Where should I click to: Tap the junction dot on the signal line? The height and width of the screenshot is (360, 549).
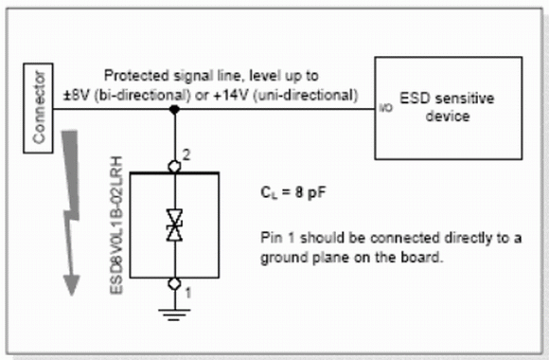tap(174, 109)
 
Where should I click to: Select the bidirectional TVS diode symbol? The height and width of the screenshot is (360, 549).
tap(174, 225)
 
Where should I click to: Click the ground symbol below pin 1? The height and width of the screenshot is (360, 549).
tap(174, 315)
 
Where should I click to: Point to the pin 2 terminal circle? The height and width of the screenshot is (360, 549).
tap(174, 166)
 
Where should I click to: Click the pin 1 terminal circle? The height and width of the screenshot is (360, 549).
tap(174, 283)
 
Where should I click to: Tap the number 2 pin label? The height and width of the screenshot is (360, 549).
tap(186, 155)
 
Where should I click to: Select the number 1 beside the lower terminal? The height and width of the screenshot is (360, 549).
tap(188, 293)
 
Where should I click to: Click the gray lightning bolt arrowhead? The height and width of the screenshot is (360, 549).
tap(71, 284)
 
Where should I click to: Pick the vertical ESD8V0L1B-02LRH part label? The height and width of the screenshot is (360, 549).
tap(116, 225)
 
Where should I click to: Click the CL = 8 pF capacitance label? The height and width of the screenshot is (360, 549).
tap(293, 193)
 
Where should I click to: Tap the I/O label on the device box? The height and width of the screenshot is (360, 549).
tap(386, 108)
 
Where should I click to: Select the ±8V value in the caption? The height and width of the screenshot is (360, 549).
tap(77, 96)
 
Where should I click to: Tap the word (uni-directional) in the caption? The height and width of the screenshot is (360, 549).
tap(306, 96)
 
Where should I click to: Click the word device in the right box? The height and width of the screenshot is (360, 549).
tap(448, 116)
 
